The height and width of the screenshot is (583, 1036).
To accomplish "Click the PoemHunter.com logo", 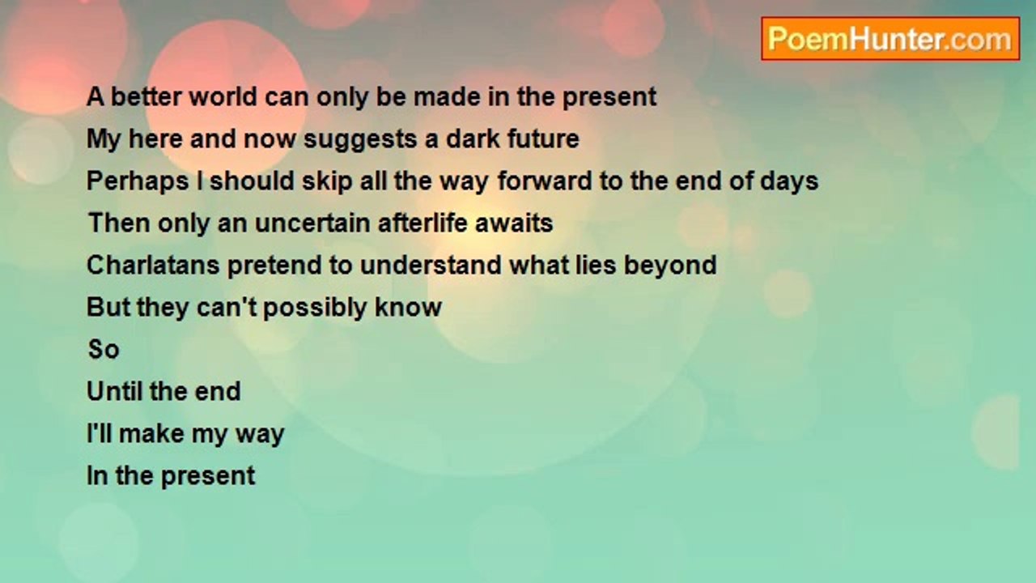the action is click(x=890, y=39).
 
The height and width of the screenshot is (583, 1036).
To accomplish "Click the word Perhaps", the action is click(x=138, y=181).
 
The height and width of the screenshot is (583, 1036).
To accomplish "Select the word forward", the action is click(x=545, y=181).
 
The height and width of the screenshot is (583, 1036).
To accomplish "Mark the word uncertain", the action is click(x=312, y=223).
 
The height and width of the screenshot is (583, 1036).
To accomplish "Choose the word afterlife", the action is click(x=422, y=223).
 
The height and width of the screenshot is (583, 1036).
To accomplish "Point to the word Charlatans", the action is click(x=153, y=265).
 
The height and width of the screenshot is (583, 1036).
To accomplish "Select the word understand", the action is click(x=431, y=265).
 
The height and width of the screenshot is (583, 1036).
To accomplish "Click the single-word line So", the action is click(x=104, y=349).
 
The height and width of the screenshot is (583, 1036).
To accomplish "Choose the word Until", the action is click(x=114, y=391).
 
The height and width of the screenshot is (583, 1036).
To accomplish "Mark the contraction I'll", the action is click(x=100, y=433).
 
